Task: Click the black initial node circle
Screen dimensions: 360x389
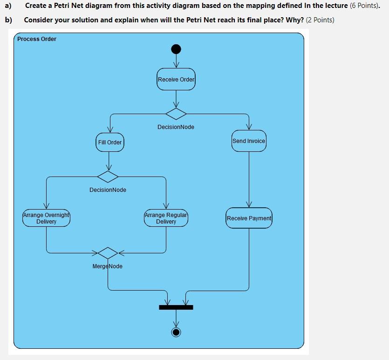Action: coord(176,49)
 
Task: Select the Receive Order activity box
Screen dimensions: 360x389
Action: coord(176,79)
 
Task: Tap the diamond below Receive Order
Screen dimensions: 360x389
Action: coord(176,113)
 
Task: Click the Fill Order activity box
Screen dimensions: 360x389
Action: coord(110,142)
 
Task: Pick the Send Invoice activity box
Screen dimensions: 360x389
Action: coord(249,141)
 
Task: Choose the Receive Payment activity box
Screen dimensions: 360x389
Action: coord(249,218)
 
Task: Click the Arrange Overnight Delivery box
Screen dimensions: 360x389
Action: coord(46,218)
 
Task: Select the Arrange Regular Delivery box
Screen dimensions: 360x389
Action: coord(166,218)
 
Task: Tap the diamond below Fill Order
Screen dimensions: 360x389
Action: coord(108,177)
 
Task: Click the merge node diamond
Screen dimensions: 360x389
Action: coord(108,253)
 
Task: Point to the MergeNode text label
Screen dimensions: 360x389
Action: coord(108,266)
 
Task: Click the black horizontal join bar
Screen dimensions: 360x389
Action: coord(176,307)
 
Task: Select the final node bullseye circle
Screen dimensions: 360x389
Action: coord(176,332)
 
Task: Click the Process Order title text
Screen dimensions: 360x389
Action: coord(37,39)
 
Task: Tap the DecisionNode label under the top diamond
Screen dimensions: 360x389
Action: coord(176,127)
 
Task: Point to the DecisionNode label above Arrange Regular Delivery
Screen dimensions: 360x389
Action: coord(108,190)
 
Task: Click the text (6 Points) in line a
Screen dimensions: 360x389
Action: coord(364,6)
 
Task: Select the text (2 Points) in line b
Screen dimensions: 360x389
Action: coord(320,20)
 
